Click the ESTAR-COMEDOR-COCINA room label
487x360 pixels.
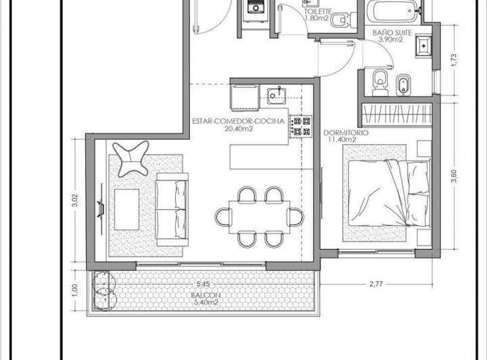238,121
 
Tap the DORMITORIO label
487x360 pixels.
346,133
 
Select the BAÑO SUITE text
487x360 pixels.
392,33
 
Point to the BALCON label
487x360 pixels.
206,296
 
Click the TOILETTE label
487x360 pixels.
318,12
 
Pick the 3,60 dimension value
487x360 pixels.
454,176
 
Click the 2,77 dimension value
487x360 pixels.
376,284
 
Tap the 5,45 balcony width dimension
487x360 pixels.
203,284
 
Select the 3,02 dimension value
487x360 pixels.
75,200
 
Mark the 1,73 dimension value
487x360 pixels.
454,60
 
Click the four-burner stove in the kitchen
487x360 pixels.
300,127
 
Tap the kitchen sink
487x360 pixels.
277,95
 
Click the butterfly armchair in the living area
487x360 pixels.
131,159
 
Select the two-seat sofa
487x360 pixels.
172,210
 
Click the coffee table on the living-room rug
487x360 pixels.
126,209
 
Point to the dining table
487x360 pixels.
259,217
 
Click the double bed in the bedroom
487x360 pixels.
389,193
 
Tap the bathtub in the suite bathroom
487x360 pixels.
392,12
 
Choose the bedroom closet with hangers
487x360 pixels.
397,115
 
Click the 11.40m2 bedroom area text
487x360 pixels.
342,140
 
